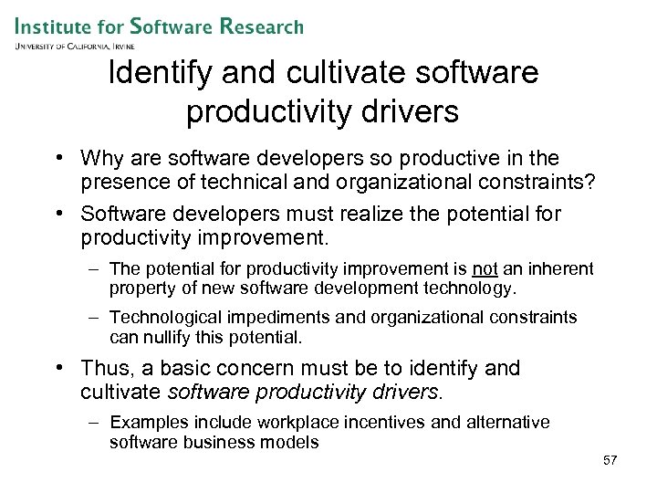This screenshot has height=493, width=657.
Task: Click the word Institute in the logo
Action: [56, 26]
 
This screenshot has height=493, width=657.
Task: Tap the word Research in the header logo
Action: [262, 26]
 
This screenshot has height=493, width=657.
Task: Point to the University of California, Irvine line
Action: [74, 45]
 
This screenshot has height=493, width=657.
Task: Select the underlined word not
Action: [485, 269]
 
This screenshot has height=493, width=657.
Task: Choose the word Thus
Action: [103, 369]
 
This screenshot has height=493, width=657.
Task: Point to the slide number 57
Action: [610, 460]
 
